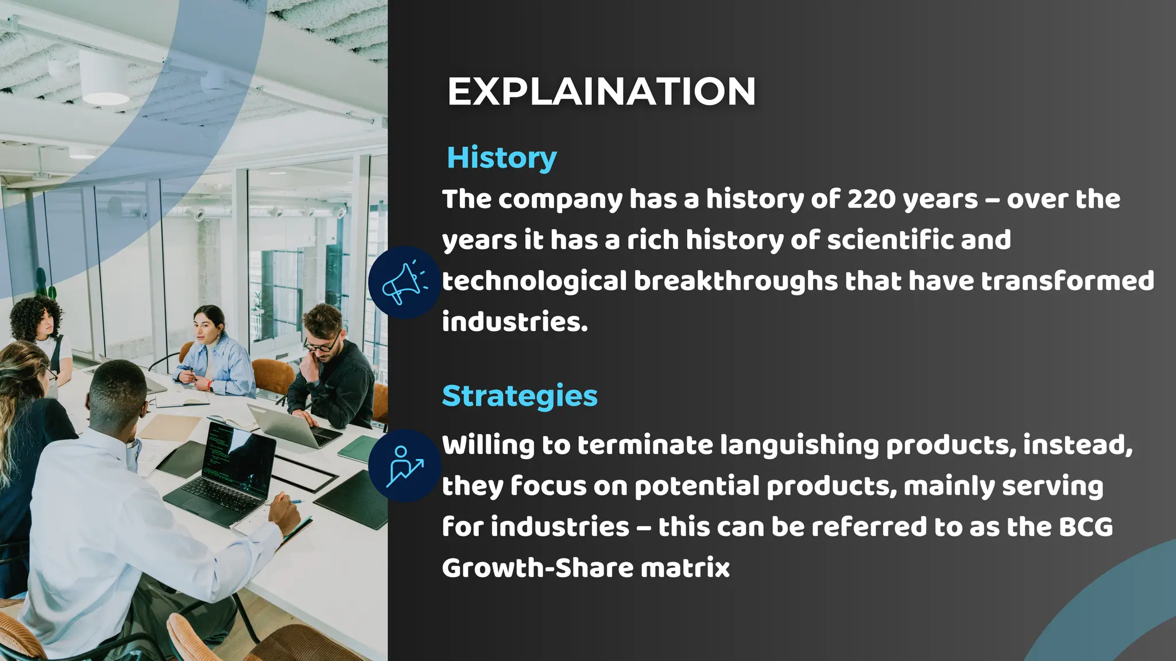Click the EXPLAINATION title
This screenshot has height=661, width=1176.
point(601,92)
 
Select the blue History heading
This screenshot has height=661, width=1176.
point(501,158)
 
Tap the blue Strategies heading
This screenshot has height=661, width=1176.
point(520,396)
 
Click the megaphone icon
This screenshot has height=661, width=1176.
point(404,283)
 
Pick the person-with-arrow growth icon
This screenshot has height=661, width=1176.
point(404,466)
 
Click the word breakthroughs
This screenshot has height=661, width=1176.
point(736,281)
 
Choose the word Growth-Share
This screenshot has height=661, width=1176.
point(537,568)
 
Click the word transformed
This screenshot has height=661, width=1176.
point(1067,281)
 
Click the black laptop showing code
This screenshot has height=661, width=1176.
point(230,471)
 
